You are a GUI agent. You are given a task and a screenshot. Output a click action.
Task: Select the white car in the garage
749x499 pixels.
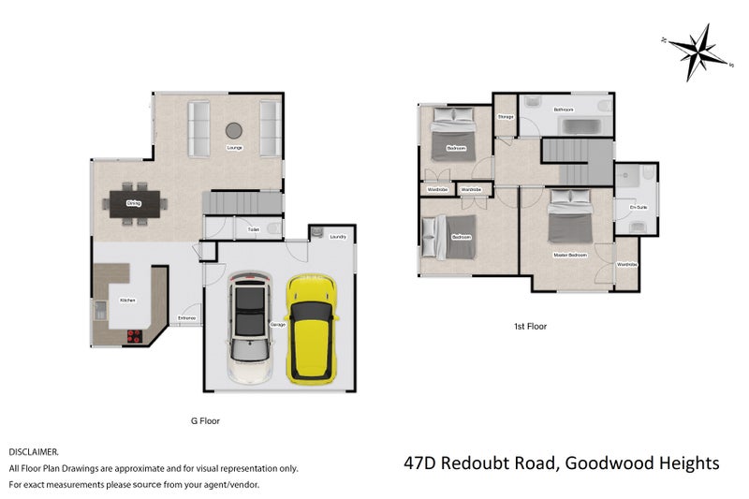[x=251, y=328]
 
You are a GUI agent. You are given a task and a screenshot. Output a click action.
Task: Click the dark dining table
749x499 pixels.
[x=136, y=202]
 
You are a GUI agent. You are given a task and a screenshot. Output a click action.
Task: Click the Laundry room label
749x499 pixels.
[x=338, y=237]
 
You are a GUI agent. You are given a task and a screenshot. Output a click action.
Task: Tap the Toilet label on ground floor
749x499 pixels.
[x=253, y=229]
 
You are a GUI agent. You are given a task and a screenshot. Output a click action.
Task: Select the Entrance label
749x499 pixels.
[x=187, y=318]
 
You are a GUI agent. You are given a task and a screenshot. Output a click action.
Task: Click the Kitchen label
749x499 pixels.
[x=128, y=300]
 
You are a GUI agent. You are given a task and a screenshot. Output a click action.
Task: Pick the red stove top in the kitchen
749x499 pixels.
[x=134, y=336]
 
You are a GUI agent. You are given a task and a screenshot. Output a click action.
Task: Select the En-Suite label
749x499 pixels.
[x=638, y=207]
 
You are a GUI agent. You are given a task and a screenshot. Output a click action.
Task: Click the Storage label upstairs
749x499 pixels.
[x=506, y=116]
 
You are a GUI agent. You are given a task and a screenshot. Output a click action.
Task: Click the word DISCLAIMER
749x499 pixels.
[x=34, y=451]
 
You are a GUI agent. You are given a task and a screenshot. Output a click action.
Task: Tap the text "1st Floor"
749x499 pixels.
[x=530, y=327]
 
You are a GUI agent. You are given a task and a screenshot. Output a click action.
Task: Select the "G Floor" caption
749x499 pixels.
[x=204, y=421]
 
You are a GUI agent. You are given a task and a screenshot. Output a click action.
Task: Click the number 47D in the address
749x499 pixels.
[x=421, y=462]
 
